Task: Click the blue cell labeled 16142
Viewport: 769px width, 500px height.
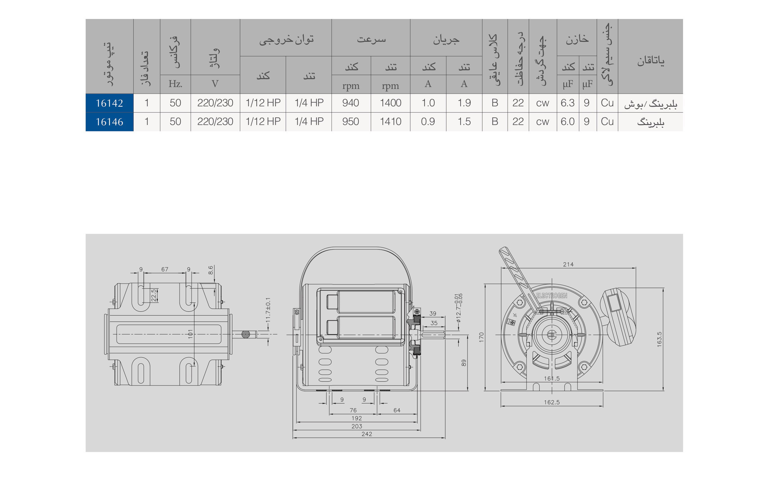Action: [x=109, y=103]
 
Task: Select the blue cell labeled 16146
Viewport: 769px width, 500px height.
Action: [x=109, y=122]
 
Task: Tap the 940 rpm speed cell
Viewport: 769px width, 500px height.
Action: [x=351, y=103]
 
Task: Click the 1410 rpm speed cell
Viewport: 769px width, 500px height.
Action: [x=390, y=122]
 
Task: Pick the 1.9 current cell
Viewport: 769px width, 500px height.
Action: [x=464, y=103]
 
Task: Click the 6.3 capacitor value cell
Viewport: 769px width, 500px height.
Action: [x=567, y=103]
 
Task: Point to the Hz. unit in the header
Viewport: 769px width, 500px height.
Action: [x=175, y=84]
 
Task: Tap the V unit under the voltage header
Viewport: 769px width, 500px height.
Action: [x=215, y=84]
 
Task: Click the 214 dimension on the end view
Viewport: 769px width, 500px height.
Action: [x=568, y=264]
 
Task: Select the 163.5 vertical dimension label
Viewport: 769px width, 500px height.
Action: [x=659, y=339]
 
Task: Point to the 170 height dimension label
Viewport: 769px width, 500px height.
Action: [x=481, y=337]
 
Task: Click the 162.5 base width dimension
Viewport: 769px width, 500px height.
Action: [x=552, y=402]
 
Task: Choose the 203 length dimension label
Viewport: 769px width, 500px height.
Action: [x=357, y=426]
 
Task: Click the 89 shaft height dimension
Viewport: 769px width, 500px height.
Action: [x=464, y=363]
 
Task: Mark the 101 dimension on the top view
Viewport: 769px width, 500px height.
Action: [x=190, y=334]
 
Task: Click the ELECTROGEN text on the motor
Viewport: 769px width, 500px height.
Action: [x=551, y=296]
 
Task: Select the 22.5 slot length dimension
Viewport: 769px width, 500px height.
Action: [x=154, y=295]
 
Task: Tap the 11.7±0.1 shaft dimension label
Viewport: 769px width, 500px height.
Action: [x=268, y=310]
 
